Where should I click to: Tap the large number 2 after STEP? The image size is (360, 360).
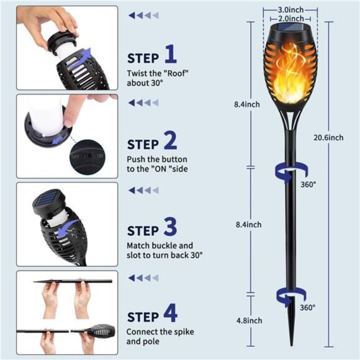[x=171, y=140]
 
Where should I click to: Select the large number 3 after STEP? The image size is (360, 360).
[x=171, y=227]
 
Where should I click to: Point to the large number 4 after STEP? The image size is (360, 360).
[x=171, y=312]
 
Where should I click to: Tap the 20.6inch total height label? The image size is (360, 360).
[x=328, y=138]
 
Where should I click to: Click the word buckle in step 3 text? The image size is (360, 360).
[x=164, y=245]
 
